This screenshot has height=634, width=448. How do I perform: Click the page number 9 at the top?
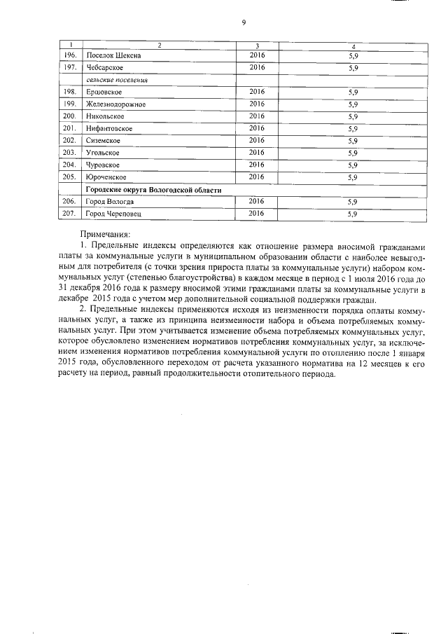[x=243, y=22]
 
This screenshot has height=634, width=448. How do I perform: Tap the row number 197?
[x=69, y=68]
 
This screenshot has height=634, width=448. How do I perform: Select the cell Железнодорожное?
[x=115, y=104]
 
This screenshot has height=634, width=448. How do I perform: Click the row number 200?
[x=69, y=116]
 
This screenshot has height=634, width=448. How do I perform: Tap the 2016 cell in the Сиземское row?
[x=256, y=140]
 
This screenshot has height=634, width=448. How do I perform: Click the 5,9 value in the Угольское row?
[x=353, y=153]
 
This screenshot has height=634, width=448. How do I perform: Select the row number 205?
[x=69, y=177]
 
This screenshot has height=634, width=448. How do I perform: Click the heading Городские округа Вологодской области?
[x=153, y=190]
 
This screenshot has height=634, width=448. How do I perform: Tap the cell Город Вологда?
[x=108, y=202]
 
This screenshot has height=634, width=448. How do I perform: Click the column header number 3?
[x=257, y=46]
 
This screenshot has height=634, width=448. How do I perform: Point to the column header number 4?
[x=353, y=46]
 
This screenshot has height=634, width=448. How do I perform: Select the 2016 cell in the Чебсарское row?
[x=256, y=67]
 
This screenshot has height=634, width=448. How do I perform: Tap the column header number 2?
[x=159, y=46]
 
